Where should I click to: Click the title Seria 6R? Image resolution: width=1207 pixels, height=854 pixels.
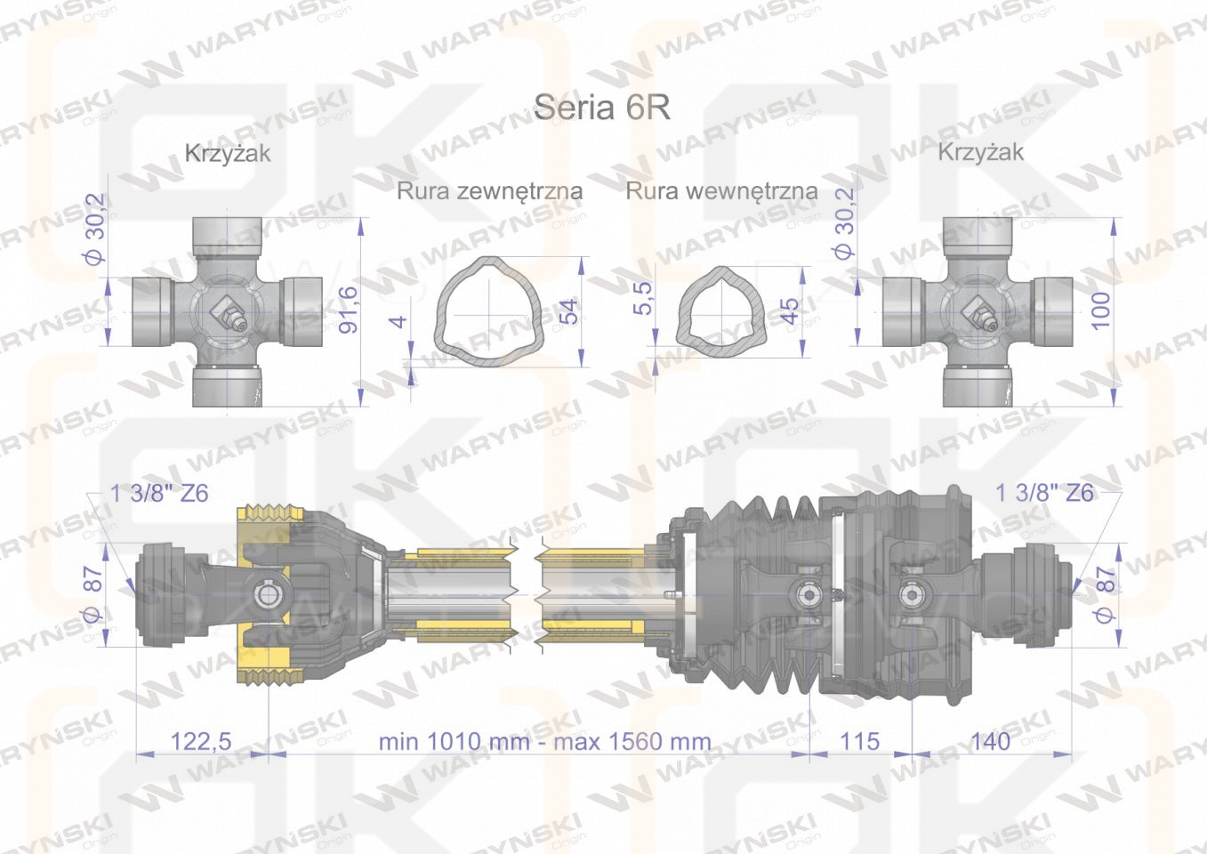pos(602,108)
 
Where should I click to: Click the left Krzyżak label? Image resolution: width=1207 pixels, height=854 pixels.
pos(228,154)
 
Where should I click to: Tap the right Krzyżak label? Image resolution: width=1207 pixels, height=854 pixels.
pos(981,152)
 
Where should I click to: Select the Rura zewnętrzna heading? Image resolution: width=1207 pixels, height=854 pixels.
pos(490,191)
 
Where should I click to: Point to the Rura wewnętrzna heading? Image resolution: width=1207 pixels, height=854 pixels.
pos(721,191)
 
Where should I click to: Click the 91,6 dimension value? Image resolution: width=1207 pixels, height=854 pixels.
pos(350,310)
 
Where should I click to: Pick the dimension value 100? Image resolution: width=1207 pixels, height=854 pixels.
pos(1101,310)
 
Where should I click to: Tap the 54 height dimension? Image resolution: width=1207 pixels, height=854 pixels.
pos(568,311)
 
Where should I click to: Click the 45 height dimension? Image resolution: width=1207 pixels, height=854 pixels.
pos(790,311)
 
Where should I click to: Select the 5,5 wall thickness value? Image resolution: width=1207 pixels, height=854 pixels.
pos(643,298)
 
